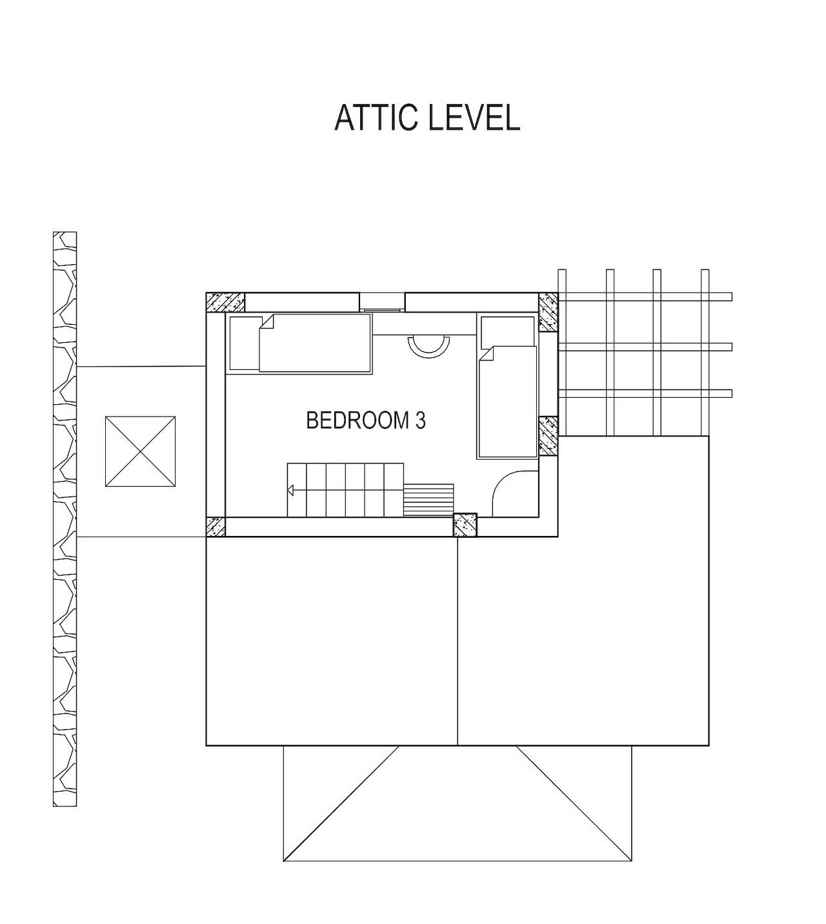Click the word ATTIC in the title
[371, 118]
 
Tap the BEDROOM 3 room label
[365, 420]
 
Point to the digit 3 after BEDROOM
[420, 420]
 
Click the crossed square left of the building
[140, 451]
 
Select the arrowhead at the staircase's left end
[290, 491]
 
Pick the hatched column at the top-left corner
[225, 302]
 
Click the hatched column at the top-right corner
[548, 312]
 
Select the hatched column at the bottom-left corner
[216, 527]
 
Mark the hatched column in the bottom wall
[465, 525]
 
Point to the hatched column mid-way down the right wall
[548, 436]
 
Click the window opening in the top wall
[382, 302]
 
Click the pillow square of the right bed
[497, 331]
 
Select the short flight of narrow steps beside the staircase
[429, 500]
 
